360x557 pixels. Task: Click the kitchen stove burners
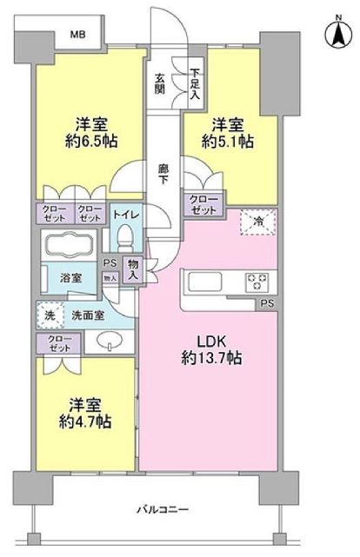pyautogui.click(x=259, y=282)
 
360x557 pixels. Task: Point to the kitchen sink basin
pyautogui.click(x=203, y=282)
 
